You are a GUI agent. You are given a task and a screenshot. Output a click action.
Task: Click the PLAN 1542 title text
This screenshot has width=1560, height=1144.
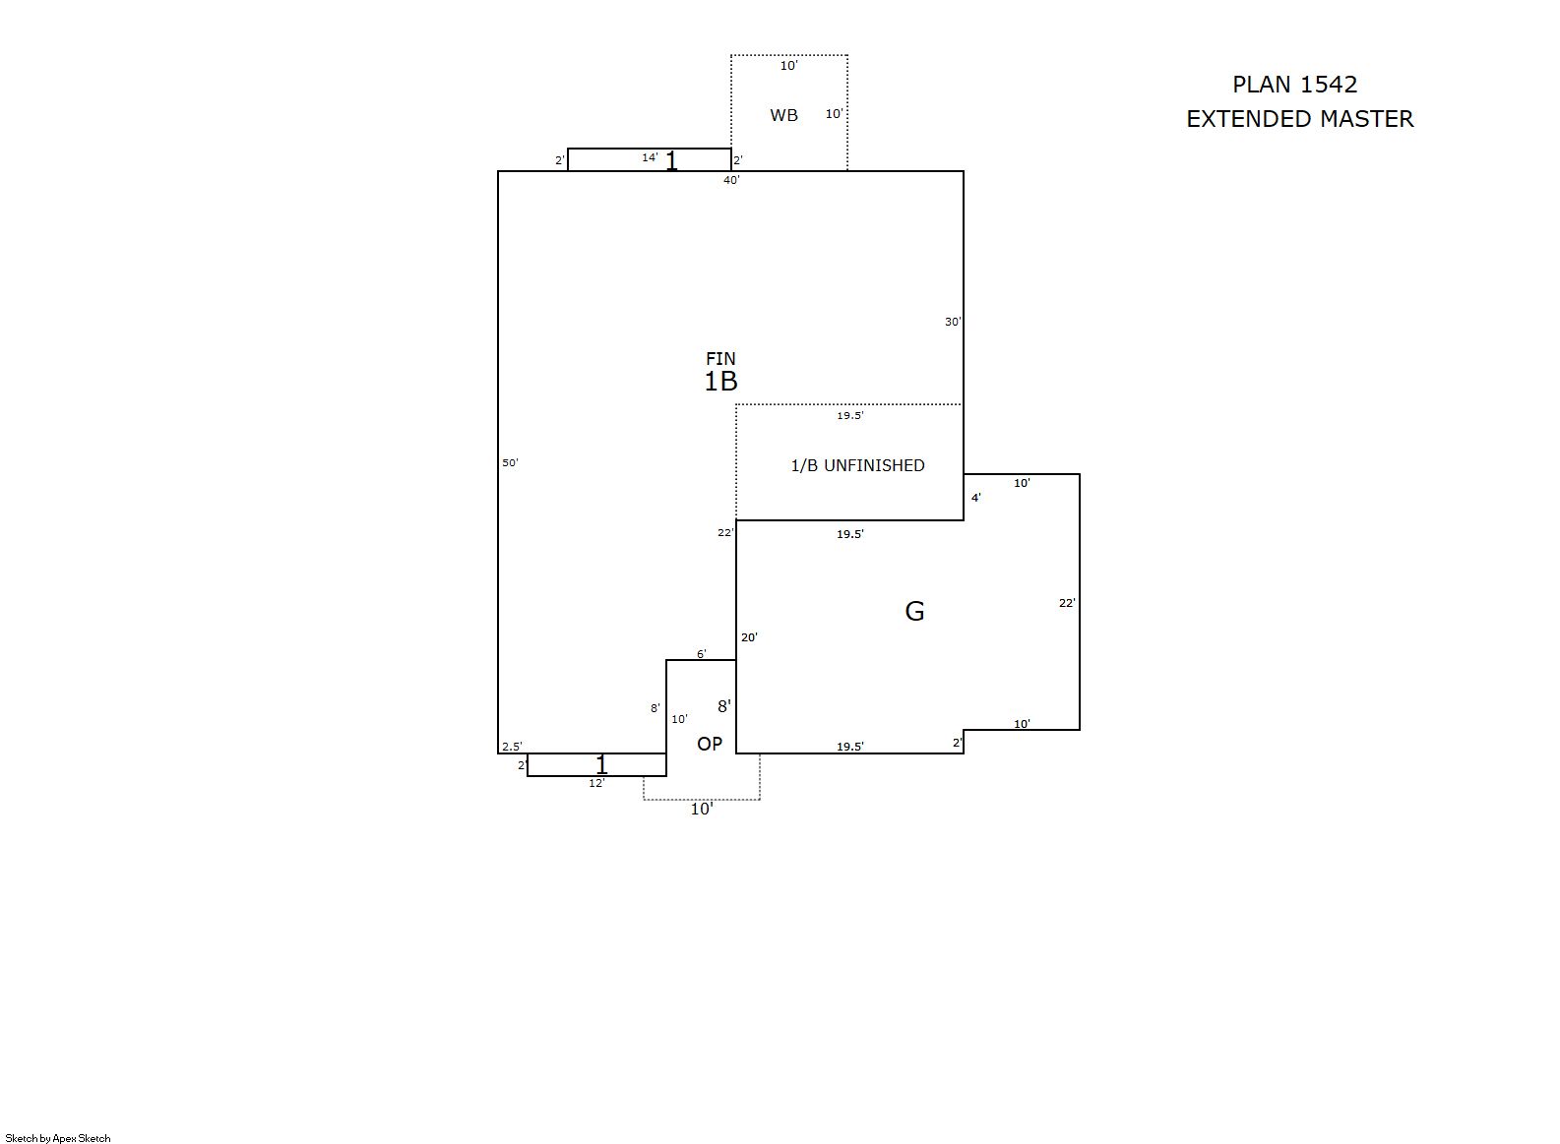tap(1294, 85)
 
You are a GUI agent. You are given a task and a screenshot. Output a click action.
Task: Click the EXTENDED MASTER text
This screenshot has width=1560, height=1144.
tap(1300, 119)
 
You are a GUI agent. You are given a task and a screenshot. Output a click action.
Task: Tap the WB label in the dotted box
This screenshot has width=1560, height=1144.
tap(783, 115)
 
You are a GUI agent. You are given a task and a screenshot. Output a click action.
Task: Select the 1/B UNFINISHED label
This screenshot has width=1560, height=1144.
tap(857, 465)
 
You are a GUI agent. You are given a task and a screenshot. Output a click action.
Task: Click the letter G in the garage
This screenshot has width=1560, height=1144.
tap(914, 612)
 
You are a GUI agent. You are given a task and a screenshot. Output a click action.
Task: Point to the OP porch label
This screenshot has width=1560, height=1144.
tap(710, 744)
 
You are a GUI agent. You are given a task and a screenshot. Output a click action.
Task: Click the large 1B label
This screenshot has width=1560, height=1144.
tap(720, 382)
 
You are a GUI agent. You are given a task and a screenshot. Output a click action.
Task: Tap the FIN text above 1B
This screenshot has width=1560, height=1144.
tap(720, 358)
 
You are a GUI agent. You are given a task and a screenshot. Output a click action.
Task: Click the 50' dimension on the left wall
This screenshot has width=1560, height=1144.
tap(510, 462)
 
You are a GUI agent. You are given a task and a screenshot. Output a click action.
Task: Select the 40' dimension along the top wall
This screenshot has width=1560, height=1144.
tap(731, 180)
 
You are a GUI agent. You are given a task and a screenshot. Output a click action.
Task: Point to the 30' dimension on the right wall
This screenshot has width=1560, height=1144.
tap(953, 322)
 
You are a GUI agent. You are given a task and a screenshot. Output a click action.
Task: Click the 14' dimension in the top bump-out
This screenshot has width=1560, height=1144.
tap(650, 158)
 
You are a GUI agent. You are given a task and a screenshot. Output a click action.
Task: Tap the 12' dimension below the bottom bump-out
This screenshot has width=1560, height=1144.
tap(596, 783)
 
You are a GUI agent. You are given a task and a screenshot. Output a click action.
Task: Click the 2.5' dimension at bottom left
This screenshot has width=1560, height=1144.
tap(512, 747)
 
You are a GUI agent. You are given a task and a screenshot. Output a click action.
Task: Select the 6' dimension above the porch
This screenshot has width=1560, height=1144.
tap(702, 653)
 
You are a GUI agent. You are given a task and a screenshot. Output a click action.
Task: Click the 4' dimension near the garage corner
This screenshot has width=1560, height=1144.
tap(976, 498)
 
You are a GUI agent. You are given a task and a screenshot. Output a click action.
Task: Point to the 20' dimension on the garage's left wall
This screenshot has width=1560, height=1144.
tap(749, 637)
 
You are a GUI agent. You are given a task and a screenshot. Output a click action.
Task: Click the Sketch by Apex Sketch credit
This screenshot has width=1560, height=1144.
tap(58, 1138)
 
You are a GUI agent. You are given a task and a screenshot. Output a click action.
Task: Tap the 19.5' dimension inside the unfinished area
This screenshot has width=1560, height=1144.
tap(850, 415)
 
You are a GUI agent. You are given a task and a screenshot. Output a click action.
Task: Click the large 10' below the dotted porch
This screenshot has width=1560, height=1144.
tap(702, 809)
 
